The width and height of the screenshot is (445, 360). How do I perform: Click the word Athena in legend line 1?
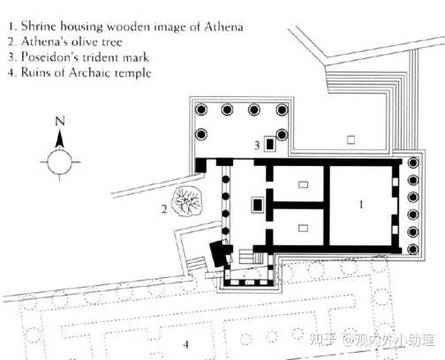click(x=223, y=26)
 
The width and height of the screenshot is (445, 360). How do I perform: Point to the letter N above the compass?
click(x=60, y=121)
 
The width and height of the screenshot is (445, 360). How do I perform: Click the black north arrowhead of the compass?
click(x=60, y=139)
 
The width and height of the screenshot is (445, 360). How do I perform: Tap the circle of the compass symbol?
click(x=60, y=161)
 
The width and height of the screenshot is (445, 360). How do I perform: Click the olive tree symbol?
click(x=187, y=201)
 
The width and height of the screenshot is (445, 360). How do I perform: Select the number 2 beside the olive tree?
click(x=164, y=209)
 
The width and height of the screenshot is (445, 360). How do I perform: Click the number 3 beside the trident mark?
click(x=257, y=145)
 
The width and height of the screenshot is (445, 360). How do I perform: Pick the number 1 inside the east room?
click(x=361, y=204)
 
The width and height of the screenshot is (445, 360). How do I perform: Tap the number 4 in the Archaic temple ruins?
click(x=185, y=344)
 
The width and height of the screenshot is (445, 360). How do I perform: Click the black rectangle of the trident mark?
click(x=270, y=144)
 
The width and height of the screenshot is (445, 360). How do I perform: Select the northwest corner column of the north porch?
click(x=201, y=109)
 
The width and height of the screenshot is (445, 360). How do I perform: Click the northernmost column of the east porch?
click(x=414, y=162)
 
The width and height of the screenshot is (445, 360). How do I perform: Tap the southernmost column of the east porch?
click(x=413, y=250)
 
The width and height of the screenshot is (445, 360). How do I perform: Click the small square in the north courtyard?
click(x=351, y=139)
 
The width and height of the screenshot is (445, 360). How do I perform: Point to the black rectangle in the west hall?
click(x=258, y=205)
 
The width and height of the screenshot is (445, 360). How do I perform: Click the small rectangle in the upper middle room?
click(x=303, y=184)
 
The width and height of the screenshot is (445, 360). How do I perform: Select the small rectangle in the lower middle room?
click(x=303, y=228)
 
